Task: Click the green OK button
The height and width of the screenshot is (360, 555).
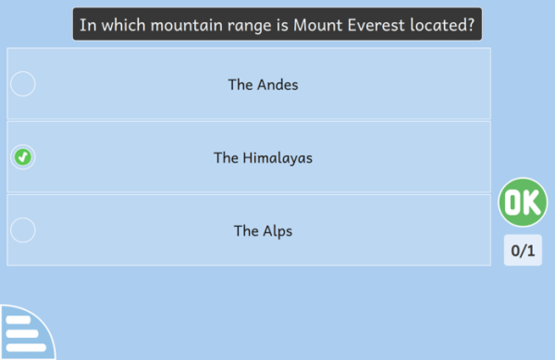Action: [x=523, y=202]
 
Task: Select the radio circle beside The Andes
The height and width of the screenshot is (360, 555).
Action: [x=22, y=84]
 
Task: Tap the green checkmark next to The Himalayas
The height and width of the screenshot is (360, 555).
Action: [x=22, y=156]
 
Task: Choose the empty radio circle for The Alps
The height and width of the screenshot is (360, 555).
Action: [x=22, y=230]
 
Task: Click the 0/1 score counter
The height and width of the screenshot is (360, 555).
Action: [x=523, y=250]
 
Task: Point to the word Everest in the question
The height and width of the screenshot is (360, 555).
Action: [x=376, y=25]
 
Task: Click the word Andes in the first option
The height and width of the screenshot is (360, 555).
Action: [x=277, y=85]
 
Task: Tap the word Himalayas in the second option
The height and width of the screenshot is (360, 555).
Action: [x=277, y=158]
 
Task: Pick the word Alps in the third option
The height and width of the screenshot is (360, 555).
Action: [x=277, y=231]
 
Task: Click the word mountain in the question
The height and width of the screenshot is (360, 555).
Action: [x=187, y=25]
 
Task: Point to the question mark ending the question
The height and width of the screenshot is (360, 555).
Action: [x=471, y=25]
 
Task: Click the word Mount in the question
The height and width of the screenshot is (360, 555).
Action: [x=318, y=25]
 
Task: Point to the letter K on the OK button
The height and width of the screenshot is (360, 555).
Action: [x=532, y=202]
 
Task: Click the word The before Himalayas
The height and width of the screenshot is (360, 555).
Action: [x=226, y=158]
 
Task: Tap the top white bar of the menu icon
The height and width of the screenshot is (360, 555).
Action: [x=18, y=320]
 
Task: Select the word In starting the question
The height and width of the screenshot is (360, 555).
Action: [x=88, y=25]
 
